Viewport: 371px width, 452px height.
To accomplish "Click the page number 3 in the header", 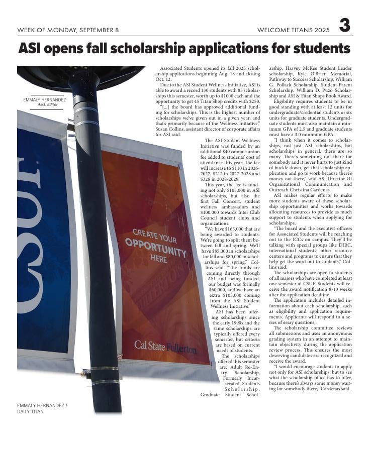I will pos(344,26).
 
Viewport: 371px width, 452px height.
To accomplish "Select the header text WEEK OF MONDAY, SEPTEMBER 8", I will pos(68,30).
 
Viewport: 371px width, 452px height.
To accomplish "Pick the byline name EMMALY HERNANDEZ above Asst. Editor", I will pos(45,99).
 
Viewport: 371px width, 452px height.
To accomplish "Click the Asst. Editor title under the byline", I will pos(48,104).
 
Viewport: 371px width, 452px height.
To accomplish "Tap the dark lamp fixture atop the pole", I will pos(80,75).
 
